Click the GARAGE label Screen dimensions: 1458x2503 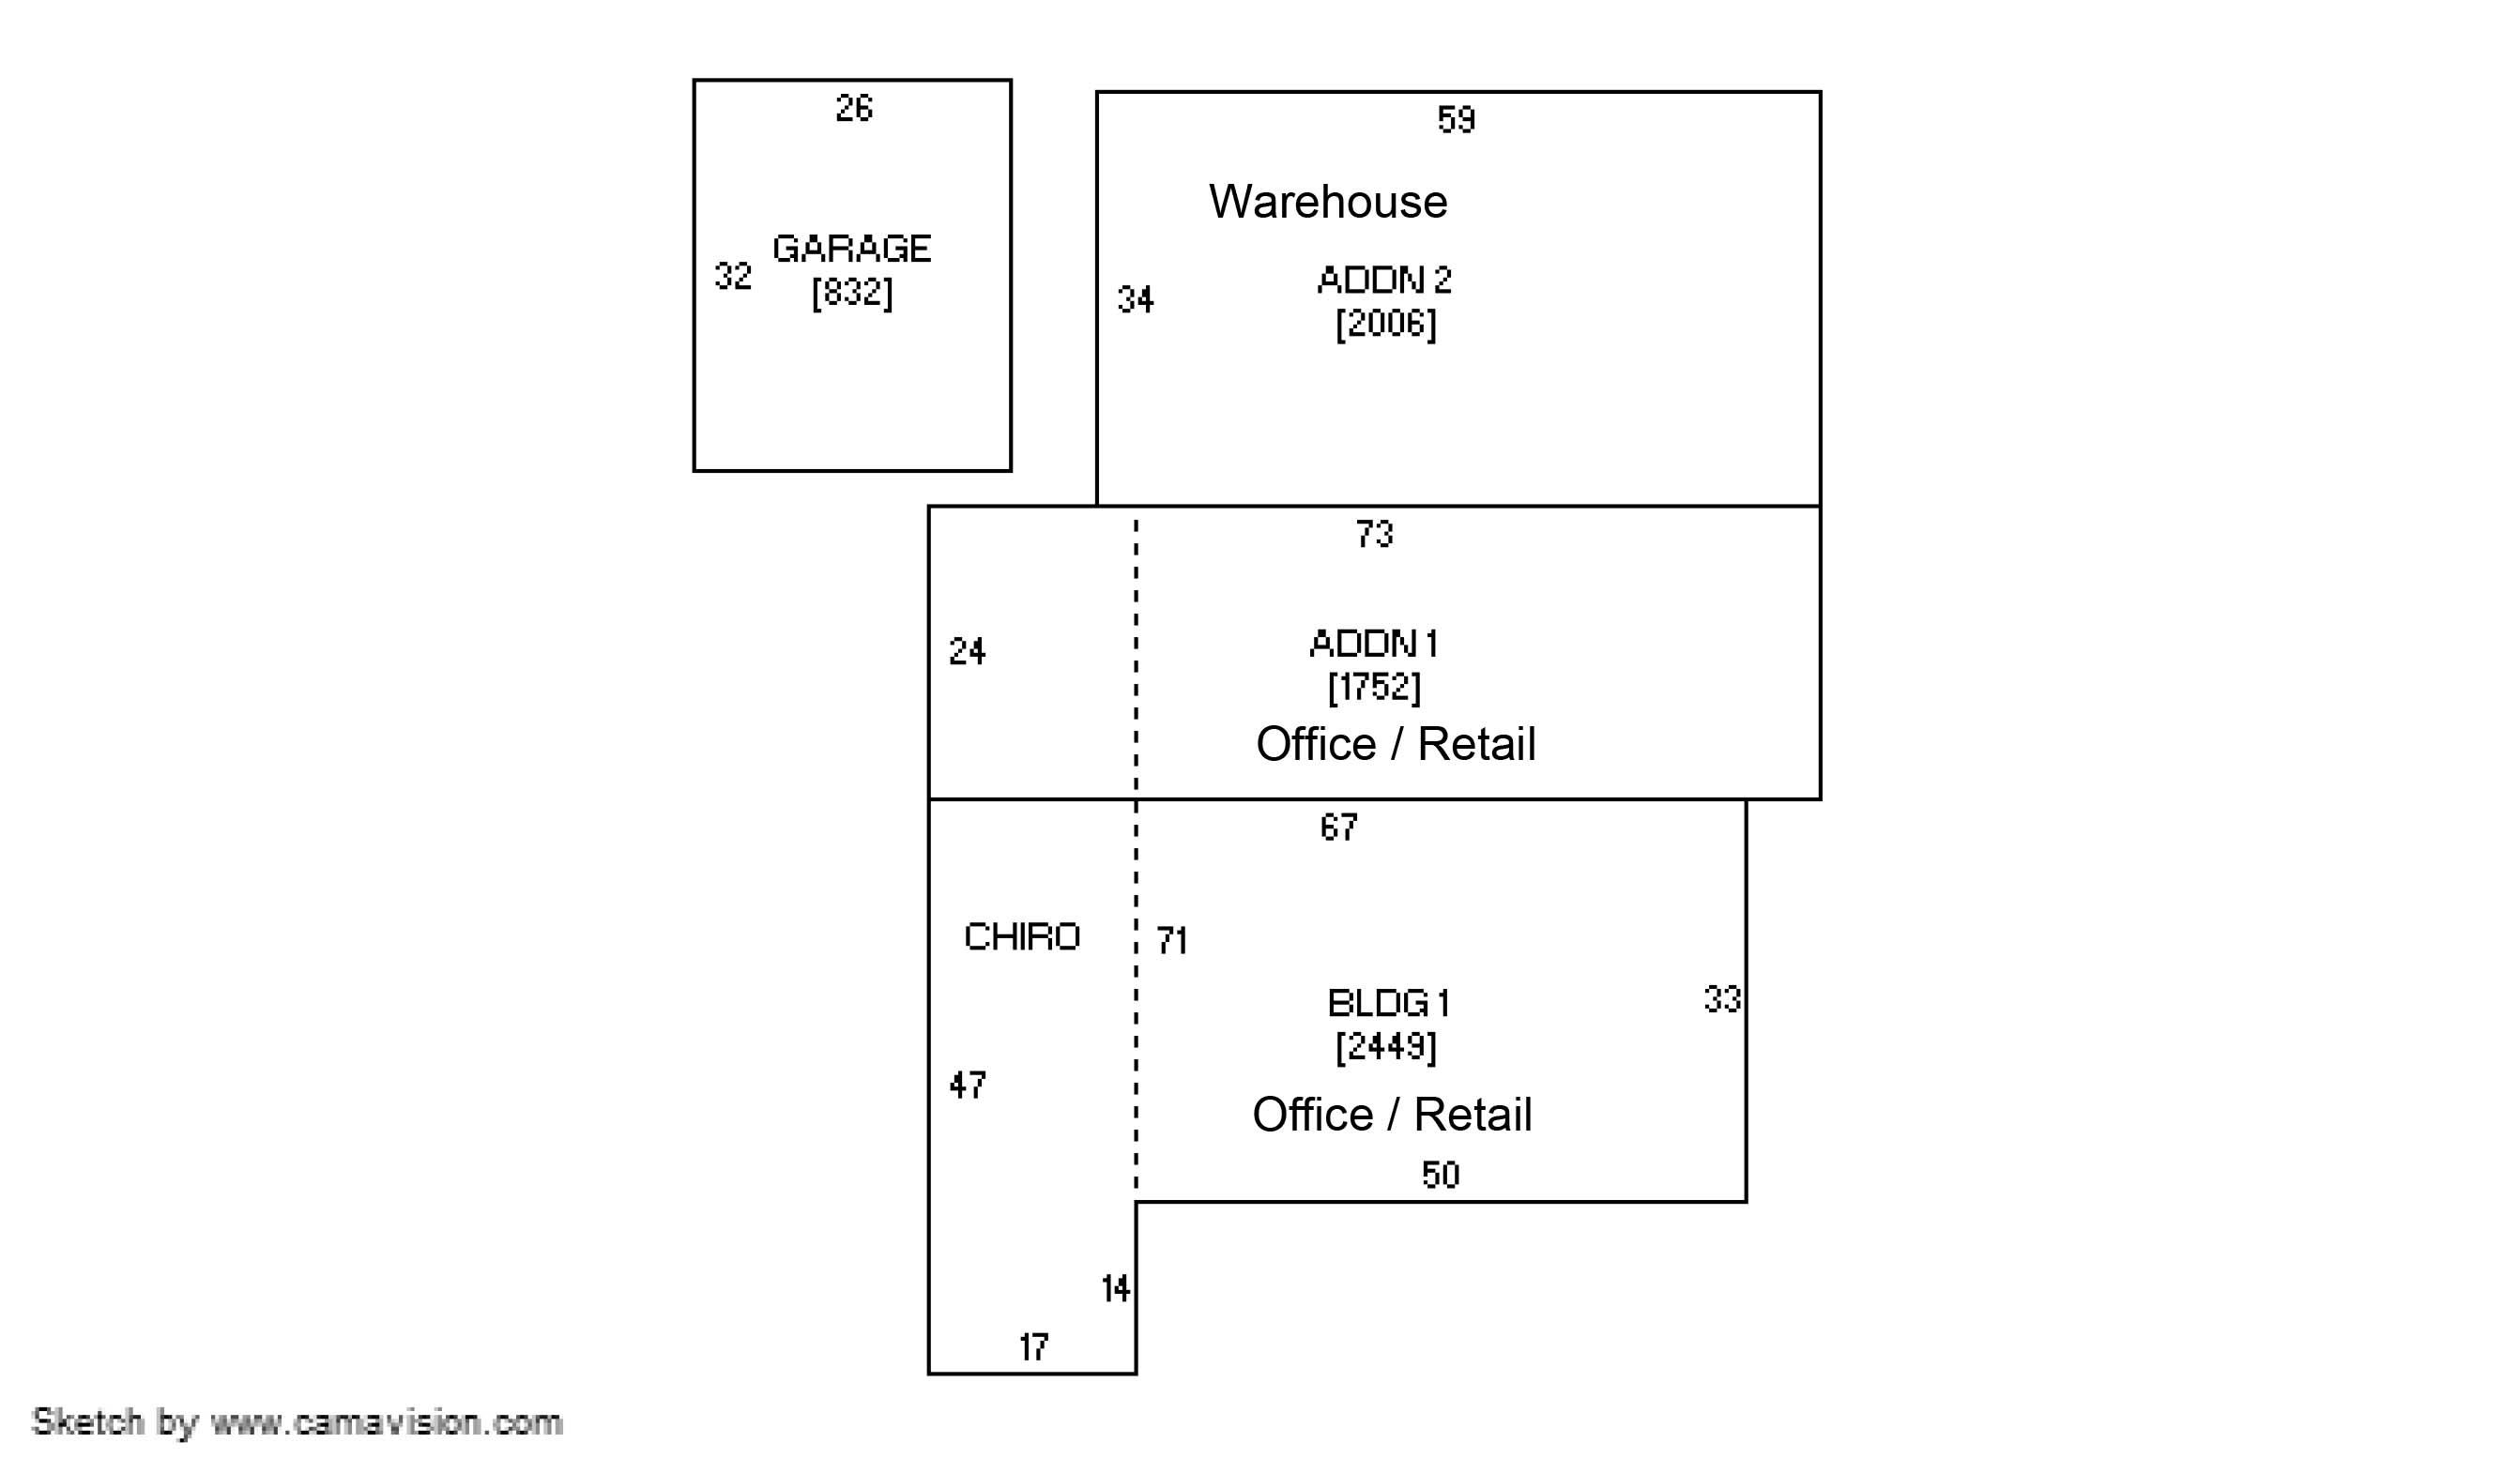(x=851, y=249)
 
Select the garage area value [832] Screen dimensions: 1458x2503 (x=851, y=293)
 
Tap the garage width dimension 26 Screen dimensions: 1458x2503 (x=853, y=108)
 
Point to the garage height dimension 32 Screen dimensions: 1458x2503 (x=733, y=276)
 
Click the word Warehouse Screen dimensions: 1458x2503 (x=1327, y=202)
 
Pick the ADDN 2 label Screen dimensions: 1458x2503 (x=1383, y=281)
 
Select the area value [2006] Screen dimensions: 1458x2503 (x=1384, y=324)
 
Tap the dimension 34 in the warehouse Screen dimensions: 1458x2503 (x=1136, y=299)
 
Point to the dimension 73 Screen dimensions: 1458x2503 (x=1374, y=535)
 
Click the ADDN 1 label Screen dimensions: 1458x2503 (x=1373, y=644)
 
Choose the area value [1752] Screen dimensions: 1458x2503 (x=1374, y=686)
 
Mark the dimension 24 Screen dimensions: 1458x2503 (x=967, y=651)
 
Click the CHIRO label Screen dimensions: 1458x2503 (x=1021, y=936)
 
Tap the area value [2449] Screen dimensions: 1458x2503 (x=1384, y=1047)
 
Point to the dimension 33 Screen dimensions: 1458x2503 (x=1721, y=999)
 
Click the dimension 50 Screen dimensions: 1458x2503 (x=1440, y=1175)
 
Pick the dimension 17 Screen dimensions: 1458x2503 (x=1033, y=1346)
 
